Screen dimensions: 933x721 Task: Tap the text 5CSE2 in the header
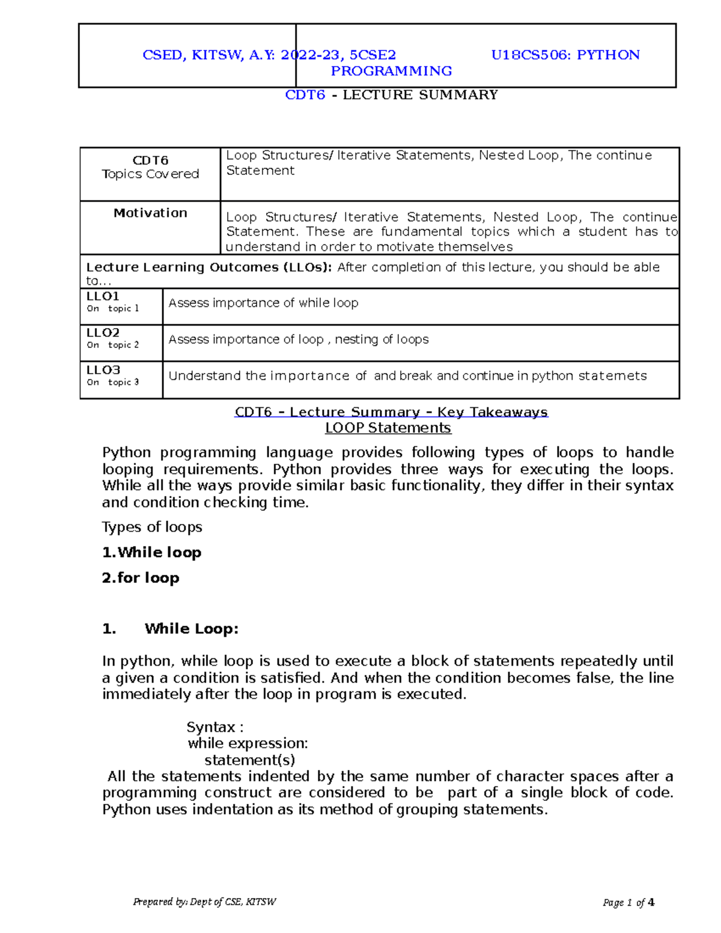[373, 55]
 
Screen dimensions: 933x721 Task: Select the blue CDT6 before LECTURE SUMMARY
[305, 95]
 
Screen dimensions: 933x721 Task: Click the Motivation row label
[150, 213]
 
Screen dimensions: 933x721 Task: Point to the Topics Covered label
[150, 174]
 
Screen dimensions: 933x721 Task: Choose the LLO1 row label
[103, 296]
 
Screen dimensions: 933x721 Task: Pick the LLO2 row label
[103, 333]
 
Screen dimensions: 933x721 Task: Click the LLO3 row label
[103, 370]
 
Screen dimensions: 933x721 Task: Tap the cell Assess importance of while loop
[263, 303]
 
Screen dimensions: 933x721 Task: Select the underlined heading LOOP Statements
[388, 428]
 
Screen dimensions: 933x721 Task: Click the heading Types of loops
[152, 527]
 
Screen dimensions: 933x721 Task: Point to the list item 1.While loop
[151, 552]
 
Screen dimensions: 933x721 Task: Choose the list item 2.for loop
[141, 578]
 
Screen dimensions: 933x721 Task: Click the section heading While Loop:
[191, 629]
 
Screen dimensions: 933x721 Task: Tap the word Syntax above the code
[211, 727]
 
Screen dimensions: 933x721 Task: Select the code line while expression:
[248, 744]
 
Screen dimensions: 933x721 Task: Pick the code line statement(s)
[249, 760]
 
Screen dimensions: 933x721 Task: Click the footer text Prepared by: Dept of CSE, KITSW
[204, 902]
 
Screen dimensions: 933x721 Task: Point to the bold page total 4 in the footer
[651, 902]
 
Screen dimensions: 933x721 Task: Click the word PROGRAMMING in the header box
[391, 71]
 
